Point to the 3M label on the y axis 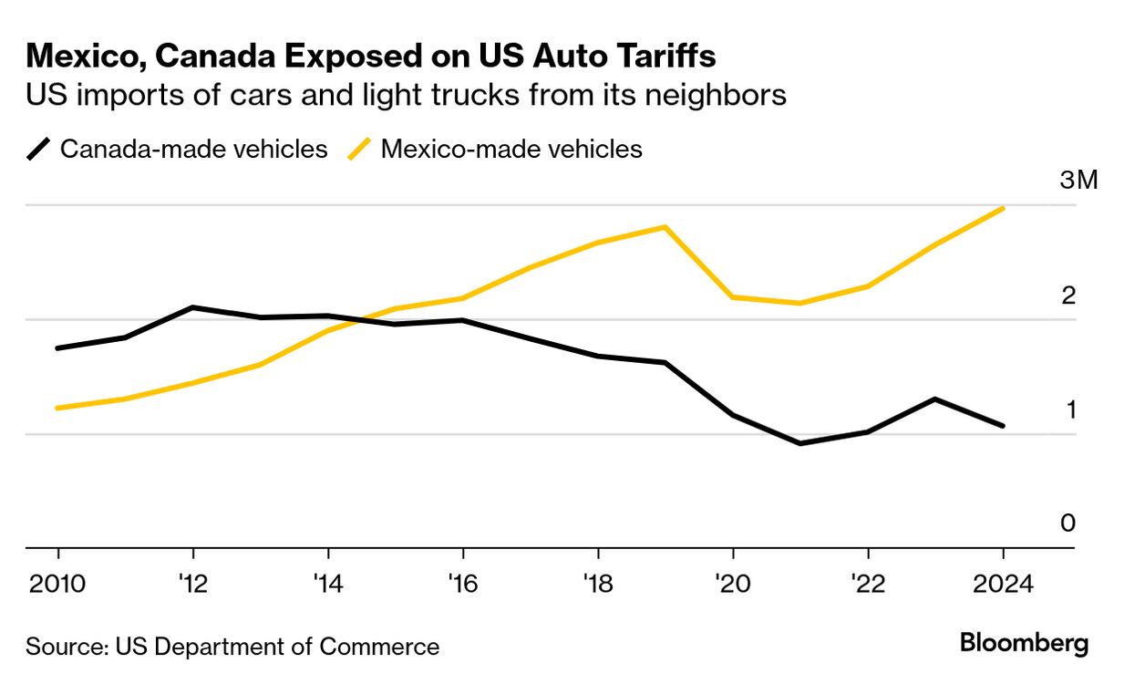coord(1079,181)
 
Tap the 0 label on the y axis coord(1068,523)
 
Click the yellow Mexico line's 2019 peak coord(665,227)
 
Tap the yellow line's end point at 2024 coord(1004,208)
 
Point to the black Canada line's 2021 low coord(800,443)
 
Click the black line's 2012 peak coord(193,307)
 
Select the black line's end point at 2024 coord(1004,426)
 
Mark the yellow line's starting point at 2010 coord(58,408)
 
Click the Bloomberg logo coord(1024,644)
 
